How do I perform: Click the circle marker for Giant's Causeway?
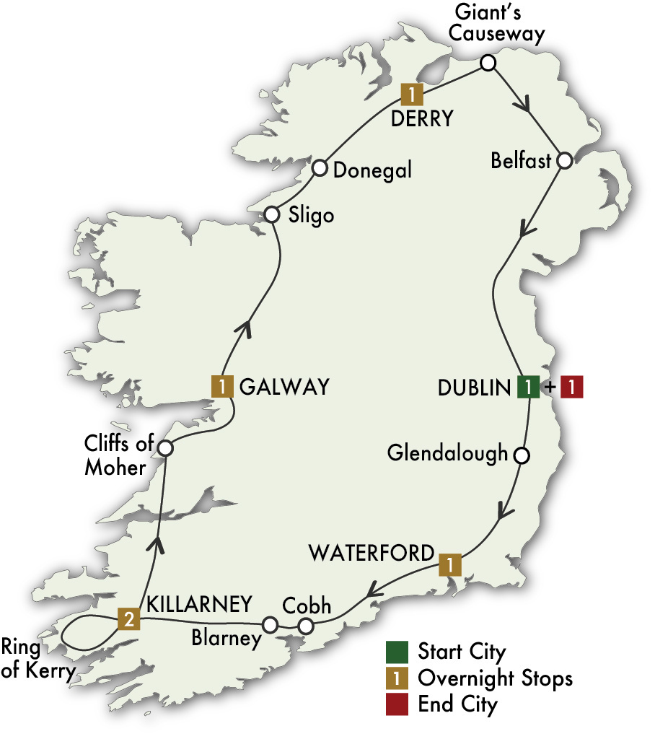pyautogui.click(x=488, y=63)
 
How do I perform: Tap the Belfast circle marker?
pyautogui.click(x=564, y=160)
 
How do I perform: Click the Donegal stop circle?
pyautogui.click(x=320, y=169)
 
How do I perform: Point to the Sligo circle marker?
pyautogui.click(x=271, y=214)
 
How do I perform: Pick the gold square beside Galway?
pyautogui.click(x=221, y=386)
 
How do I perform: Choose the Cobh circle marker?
pyautogui.click(x=306, y=625)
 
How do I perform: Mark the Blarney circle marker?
pyautogui.click(x=270, y=624)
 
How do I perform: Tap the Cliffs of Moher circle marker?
pyautogui.click(x=164, y=448)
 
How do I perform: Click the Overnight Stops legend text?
pyautogui.click(x=495, y=678)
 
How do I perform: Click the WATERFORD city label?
pyautogui.click(x=372, y=554)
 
